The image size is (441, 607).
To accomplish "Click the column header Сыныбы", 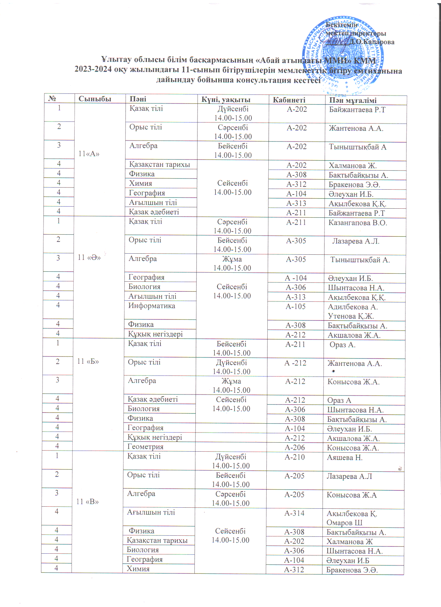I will tap(95, 99).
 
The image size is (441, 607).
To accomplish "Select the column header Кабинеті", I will tap(289, 100).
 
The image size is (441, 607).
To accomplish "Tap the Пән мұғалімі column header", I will tap(352, 100).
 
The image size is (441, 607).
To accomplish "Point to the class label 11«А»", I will tap(89, 154).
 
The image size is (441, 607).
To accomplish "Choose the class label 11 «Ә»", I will tap(89, 257).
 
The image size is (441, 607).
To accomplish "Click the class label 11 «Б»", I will tap(88, 361).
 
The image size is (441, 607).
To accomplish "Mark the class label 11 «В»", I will tap(88, 502).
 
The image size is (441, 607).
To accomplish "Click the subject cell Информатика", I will tap(151, 306).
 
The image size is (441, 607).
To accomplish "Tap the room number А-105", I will tap(296, 307).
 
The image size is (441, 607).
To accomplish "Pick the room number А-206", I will tap(295, 448).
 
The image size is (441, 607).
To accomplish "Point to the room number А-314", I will tap(294, 514).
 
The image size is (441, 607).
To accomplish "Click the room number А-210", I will tap(295, 457).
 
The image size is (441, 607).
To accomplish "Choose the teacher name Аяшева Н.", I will tap(344, 458).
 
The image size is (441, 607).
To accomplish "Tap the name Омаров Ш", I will tap(344, 523).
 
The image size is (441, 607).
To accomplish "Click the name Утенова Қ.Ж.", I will tap(351, 316).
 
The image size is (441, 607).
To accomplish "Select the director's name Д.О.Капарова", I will tap(371, 42).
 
